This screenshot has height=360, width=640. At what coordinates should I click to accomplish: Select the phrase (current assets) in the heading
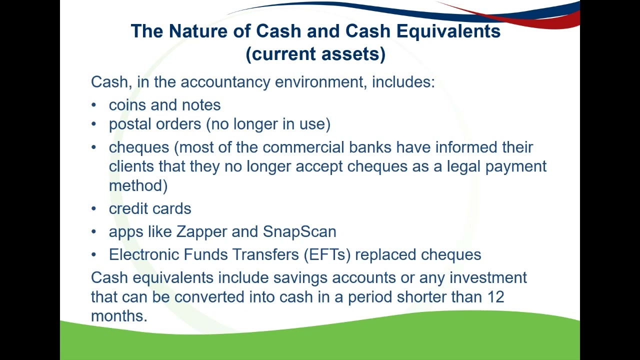pos(315,54)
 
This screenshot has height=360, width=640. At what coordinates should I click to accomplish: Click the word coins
pos(128,105)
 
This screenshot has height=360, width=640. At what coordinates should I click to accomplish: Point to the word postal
pos(130,124)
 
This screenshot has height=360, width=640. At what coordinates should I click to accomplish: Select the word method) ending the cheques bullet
pos(138,185)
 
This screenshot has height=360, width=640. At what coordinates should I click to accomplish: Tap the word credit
pos(129,208)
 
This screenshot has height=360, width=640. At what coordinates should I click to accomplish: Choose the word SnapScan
pos(299,232)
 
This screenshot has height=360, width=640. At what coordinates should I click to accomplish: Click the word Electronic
pos(144,255)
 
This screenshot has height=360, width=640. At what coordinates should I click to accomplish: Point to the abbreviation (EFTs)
pos(327,255)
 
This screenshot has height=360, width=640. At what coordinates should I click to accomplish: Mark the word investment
pos(488,278)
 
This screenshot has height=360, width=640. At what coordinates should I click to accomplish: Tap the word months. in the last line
pos(119,316)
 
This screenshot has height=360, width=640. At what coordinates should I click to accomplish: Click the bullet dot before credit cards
pos(94,209)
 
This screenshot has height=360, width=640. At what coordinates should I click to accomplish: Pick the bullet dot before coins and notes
pos(94,105)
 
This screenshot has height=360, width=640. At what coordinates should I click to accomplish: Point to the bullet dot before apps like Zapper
pos(94,232)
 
